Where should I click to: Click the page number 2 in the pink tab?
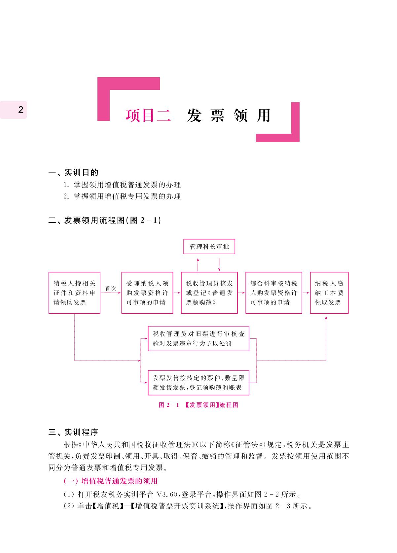[x=21, y=110]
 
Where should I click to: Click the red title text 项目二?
[x=148, y=115]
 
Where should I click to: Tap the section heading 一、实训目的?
[x=73, y=172]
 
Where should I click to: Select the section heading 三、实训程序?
[x=73, y=432]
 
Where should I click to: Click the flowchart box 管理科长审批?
[x=209, y=246]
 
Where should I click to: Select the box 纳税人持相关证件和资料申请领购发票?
[x=74, y=293]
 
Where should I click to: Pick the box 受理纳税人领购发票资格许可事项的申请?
[x=147, y=293]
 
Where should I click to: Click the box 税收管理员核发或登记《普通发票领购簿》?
[x=209, y=293]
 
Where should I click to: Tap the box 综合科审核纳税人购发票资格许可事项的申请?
[x=274, y=293]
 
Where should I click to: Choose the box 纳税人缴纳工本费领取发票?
[x=329, y=293]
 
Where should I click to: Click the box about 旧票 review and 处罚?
[x=198, y=338]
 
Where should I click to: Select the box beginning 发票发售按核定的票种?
[x=198, y=383]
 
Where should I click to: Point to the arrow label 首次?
[x=111, y=288]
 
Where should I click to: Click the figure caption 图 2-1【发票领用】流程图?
[x=198, y=405]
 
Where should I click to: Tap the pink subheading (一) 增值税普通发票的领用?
[x=110, y=481]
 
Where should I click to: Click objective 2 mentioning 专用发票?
[x=122, y=196]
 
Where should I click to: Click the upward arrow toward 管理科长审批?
[x=198, y=265]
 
